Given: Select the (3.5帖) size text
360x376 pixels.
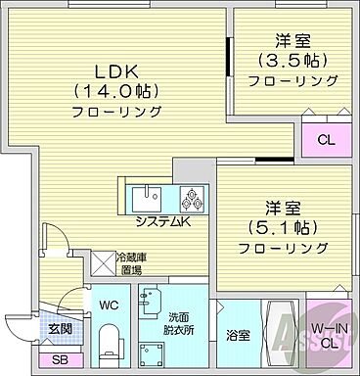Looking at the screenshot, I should [x=292, y=61].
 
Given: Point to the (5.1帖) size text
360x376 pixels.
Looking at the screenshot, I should [x=275, y=228].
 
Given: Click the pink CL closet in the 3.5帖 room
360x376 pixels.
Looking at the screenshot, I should [x=325, y=139].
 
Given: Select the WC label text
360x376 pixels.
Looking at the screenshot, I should [x=111, y=305].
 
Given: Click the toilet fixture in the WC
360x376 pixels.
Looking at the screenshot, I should [x=111, y=346].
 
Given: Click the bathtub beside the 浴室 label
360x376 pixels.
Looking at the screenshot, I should [x=275, y=336].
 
